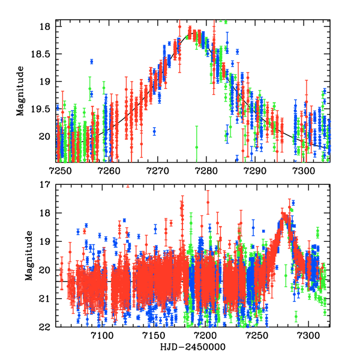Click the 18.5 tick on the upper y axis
(x=43, y=54)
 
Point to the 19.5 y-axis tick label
(x=43, y=109)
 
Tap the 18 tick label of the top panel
(x=47, y=27)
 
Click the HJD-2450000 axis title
(x=193, y=348)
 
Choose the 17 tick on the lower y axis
(x=47, y=185)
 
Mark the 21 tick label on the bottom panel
(x=47, y=299)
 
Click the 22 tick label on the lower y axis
(x=47, y=327)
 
